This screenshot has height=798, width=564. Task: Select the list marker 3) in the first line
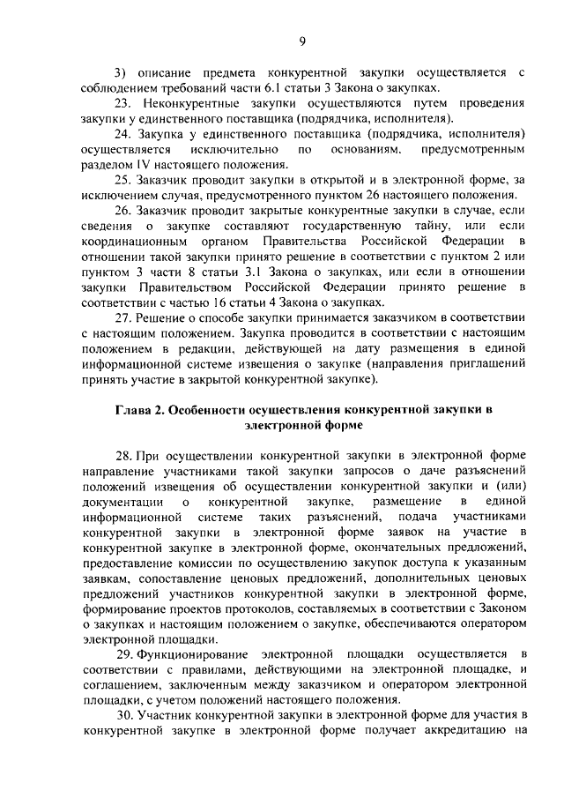pyautogui.click(x=122, y=71)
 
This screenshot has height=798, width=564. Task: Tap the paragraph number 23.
pyautogui.click(x=124, y=102)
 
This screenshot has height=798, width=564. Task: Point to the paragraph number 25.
pyautogui.click(x=124, y=181)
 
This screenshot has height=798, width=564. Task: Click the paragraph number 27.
pyautogui.click(x=124, y=317)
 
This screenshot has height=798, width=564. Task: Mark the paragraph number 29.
pyautogui.click(x=125, y=653)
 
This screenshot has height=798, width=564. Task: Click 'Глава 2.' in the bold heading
pyautogui.click(x=139, y=411)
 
